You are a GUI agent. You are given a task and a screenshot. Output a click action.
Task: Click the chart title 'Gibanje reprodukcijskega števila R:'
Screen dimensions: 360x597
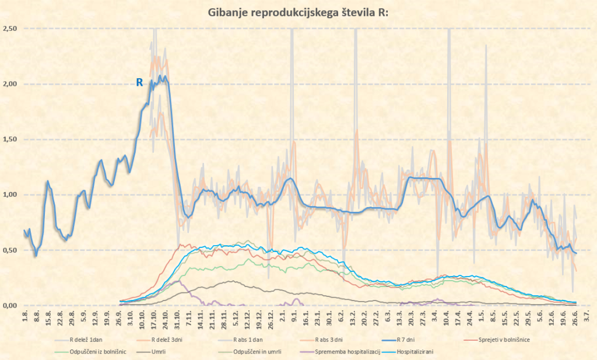(298, 13)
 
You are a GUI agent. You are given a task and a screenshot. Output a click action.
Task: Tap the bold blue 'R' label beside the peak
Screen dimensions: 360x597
(139, 83)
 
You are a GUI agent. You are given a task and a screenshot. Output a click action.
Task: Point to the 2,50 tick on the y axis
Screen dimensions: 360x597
(10, 29)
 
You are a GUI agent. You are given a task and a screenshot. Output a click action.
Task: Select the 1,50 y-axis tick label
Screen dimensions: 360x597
(10, 139)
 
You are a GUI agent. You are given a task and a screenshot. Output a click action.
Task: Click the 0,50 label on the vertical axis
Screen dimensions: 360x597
(10, 250)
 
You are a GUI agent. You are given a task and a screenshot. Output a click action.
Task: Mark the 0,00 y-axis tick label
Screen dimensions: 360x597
(10, 305)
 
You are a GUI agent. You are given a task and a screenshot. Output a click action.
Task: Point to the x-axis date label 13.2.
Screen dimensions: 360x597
(353, 319)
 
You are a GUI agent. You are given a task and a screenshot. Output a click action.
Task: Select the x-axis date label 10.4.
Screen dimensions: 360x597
(447, 319)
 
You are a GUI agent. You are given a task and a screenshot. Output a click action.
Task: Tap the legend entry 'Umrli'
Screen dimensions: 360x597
(160, 352)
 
